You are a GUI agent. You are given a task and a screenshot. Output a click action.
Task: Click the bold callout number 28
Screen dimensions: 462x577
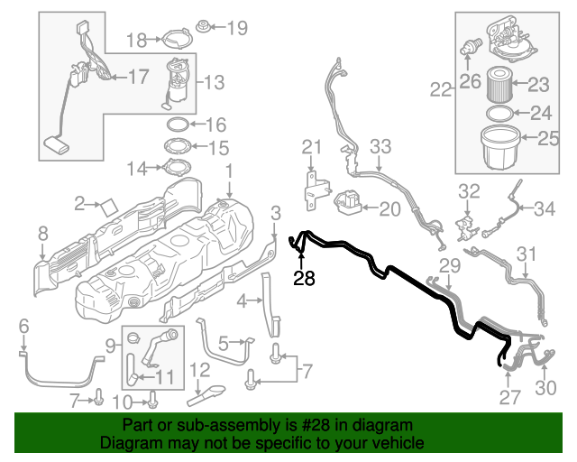305,279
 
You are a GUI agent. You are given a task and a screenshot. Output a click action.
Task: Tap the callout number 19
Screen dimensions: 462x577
235,28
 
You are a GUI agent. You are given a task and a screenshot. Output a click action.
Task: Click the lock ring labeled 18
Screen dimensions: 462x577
173,39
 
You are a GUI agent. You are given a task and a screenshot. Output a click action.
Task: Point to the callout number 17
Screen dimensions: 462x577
138,77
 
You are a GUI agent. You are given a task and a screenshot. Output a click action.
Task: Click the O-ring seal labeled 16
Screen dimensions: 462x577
178,125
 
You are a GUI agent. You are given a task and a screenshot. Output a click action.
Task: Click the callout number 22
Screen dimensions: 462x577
440,89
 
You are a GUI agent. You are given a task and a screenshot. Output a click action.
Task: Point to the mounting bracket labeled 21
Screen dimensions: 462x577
313,187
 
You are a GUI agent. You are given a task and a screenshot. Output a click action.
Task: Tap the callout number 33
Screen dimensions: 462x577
380,145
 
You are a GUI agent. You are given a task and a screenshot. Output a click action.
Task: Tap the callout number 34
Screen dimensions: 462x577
544,209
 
